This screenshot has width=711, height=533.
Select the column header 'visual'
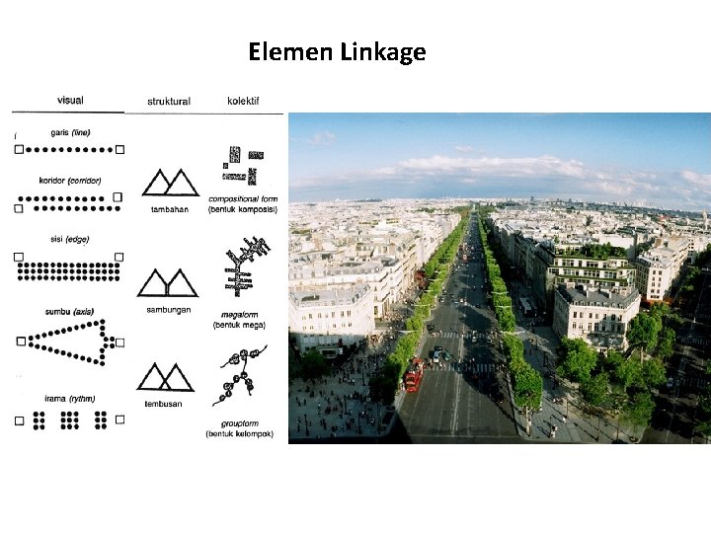click(70, 100)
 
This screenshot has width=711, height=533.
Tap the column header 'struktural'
click(169, 101)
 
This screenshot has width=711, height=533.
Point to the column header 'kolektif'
click(243, 101)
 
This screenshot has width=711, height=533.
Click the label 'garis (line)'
click(70, 133)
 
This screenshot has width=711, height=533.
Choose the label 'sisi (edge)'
click(69, 239)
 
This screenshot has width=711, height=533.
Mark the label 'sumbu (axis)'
click(69, 312)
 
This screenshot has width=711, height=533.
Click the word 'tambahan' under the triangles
click(169, 209)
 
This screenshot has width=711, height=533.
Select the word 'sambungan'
click(168, 308)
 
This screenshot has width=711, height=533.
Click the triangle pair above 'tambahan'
click(167, 183)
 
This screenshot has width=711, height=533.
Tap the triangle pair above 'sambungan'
click(167, 282)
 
